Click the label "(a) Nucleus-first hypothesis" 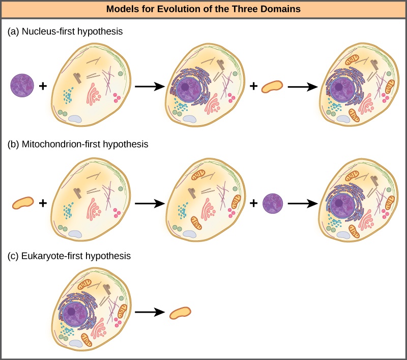(66, 31)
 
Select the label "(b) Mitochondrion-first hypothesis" (78, 144)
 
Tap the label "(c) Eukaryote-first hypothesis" (69, 256)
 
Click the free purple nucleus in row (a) (22, 86)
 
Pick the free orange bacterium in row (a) (272, 87)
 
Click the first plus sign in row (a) (43, 87)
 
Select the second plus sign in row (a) (253, 87)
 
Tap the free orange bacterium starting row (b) (22, 203)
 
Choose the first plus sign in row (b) (43, 203)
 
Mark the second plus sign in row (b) (253, 203)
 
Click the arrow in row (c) (151, 312)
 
